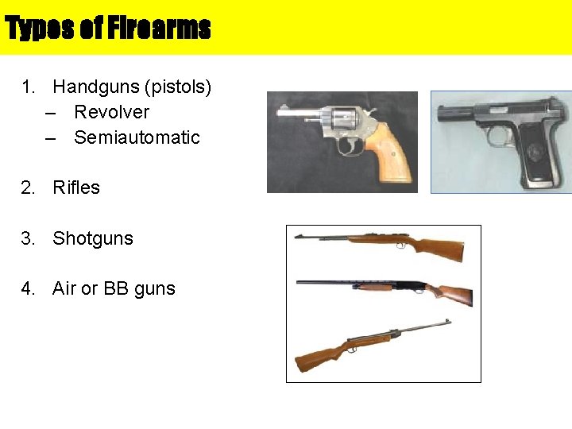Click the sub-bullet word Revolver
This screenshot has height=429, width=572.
pyautogui.click(x=111, y=112)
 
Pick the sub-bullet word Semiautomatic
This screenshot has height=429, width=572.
pyautogui.click(x=137, y=137)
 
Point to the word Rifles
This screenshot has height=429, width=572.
pyautogui.click(x=76, y=187)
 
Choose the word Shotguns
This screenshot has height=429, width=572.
pyautogui.click(x=93, y=238)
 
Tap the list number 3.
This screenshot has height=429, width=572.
pyautogui.click(x=28, y=238)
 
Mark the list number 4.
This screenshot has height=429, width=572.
pyautogui.click(x=28, y=288)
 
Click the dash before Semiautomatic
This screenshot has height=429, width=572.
pyautogui.click(x=51, y=137)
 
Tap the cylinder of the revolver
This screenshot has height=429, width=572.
pyautogui.click(x=344, y=120)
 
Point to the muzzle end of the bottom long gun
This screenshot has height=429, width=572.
pyautogui.click(x=447, y=322)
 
